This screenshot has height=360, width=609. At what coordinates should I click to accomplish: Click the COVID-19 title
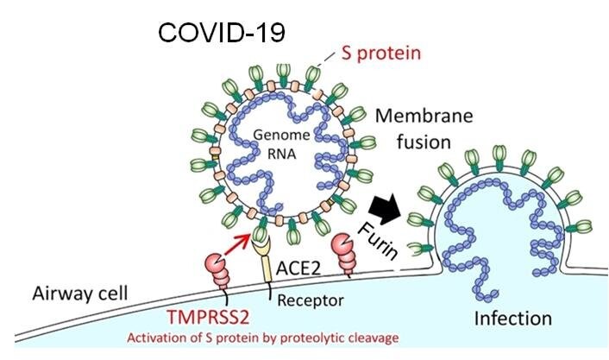[222, 32]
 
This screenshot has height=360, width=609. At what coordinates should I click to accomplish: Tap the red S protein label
[381, 53]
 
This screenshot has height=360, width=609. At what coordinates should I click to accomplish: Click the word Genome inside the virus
[281, 135]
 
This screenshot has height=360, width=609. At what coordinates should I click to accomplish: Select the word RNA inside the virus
[281, 154]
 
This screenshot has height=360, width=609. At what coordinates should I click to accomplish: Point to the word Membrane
[424, 116]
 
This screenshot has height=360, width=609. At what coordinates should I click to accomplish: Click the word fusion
[424, 142]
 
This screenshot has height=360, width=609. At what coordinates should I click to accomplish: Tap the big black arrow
[385, 209]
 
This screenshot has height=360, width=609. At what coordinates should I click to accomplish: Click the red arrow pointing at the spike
[238, 245]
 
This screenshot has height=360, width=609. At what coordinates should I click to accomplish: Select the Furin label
[378, 242]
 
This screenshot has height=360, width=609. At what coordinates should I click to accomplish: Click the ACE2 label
[298, 268]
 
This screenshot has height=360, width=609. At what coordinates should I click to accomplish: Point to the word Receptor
[311, 300]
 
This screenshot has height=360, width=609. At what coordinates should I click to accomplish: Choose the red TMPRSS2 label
[208, 317]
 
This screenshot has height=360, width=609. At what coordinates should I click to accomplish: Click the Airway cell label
[80, 294]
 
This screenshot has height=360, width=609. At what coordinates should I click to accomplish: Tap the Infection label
[513, 319]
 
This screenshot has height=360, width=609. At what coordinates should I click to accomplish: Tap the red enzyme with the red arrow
[217, 271]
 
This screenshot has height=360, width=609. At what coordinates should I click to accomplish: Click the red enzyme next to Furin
[343, 254]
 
